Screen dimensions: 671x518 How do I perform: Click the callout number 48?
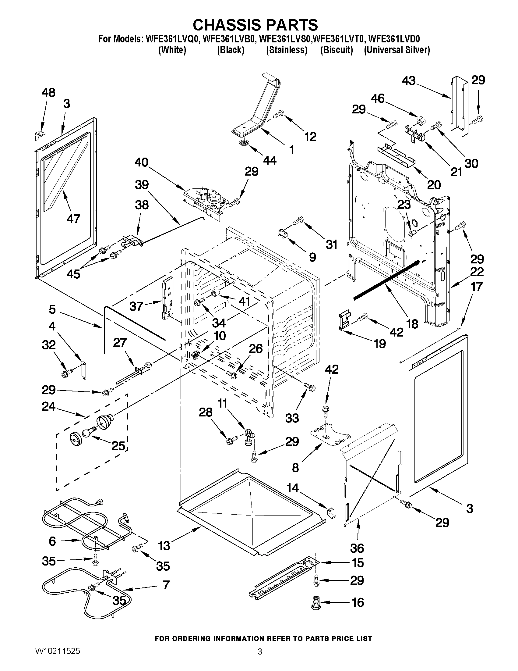48,92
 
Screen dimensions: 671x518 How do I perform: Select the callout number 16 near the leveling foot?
358,602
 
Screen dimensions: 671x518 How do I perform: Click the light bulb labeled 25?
88,434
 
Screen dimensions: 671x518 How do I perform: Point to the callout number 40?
142,162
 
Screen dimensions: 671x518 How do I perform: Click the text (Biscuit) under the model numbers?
337,50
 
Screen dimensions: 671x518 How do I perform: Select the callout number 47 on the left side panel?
73,219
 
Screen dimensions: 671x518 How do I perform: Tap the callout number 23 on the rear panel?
404,204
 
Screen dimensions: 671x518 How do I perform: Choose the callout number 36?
357,548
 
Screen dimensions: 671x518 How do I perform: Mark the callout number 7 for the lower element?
166,585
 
